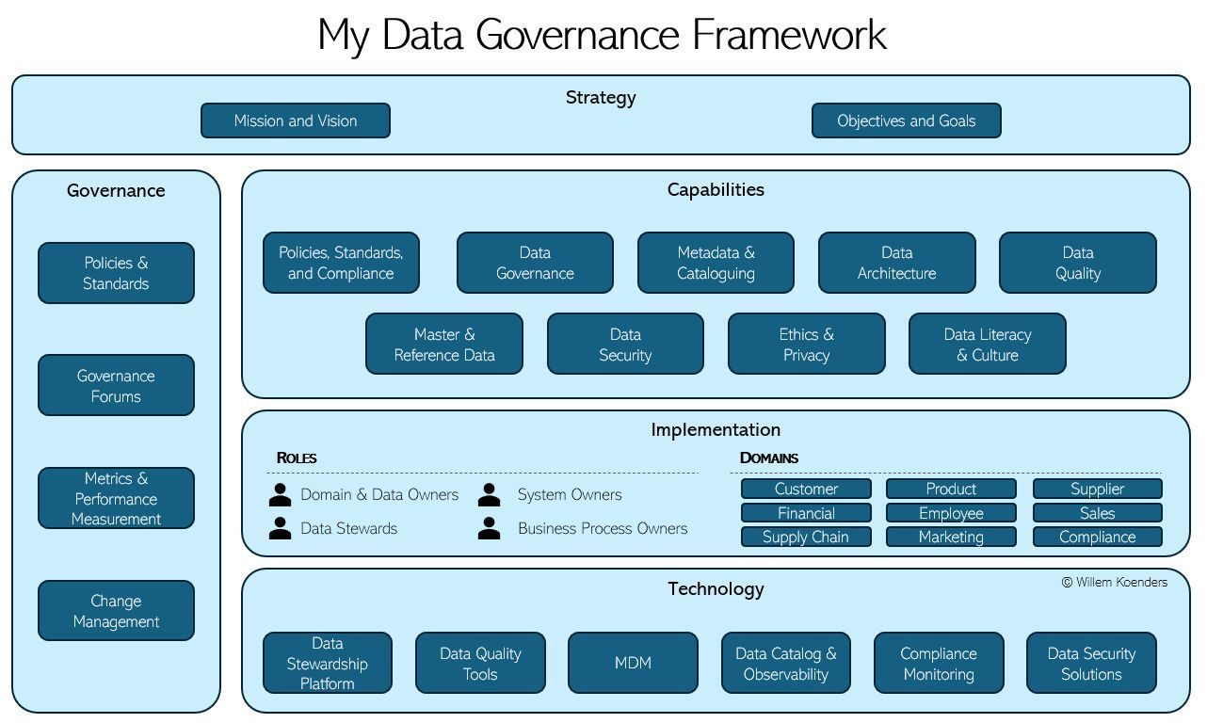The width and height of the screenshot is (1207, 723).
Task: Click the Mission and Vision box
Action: (x=296, y=120)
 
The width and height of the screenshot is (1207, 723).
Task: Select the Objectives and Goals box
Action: (x=907, y=120)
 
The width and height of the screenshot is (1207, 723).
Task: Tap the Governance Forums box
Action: (x=116, y=385)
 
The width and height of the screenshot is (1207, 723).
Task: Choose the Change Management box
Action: (x=116, y=610)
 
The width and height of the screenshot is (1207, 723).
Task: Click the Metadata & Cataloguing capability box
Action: (x=716, y=263)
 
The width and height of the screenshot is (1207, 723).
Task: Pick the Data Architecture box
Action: (x=896, y=263)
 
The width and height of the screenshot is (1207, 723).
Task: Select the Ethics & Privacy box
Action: (x=806, y=344)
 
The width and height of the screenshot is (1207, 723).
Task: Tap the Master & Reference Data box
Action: (x=444, y=344)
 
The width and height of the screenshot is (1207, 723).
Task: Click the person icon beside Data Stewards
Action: (x=281, y=528)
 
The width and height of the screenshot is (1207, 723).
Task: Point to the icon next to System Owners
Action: (x=490, y=494)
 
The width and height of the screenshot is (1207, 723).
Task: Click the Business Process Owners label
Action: (x=603, y=528)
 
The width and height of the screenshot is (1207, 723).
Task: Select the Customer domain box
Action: (x=806, y=489)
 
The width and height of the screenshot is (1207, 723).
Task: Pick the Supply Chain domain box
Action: (x=806, y=537)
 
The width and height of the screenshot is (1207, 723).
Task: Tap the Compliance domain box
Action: (x=1098, y=537)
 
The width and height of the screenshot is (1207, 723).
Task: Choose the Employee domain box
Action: (x=951, y=513)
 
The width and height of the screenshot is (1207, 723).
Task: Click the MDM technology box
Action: (x=633, y=663)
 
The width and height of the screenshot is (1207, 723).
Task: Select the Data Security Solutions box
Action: (x=1091, y=663)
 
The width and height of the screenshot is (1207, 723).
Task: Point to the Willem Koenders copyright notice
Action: (x=1115, y=583)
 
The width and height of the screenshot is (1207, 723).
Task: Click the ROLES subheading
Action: (x=297, y=458)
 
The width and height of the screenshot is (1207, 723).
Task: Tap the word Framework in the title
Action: (x=789, y=35)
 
